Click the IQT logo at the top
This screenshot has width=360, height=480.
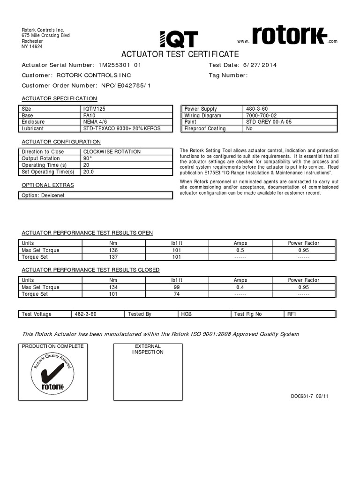179,39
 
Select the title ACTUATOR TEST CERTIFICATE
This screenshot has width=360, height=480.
180,54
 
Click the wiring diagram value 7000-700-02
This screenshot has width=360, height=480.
261,115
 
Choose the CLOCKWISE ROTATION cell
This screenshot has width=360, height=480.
112,152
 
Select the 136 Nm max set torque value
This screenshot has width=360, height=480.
113,250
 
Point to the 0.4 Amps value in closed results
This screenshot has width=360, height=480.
240,287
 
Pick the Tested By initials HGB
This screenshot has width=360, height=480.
187,314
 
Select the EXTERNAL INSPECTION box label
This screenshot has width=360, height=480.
148,349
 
